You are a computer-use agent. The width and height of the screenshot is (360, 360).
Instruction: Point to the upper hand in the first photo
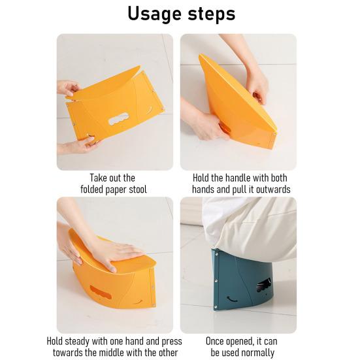click(x=67, y=87)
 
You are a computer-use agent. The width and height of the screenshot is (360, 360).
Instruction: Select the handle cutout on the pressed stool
click(x=99, y=291)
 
